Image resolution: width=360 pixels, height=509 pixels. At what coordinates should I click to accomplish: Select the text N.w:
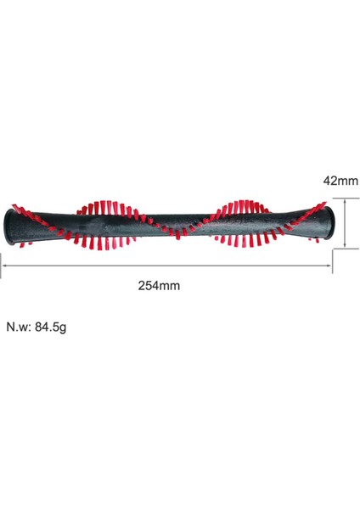(x=20, y=327)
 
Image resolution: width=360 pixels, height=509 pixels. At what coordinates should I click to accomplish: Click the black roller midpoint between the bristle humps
(x=174, y=223)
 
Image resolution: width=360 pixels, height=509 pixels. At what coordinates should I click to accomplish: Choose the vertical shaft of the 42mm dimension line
(x=346, y=223)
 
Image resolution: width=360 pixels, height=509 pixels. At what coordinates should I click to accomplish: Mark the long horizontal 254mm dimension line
(x=170, y=266)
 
